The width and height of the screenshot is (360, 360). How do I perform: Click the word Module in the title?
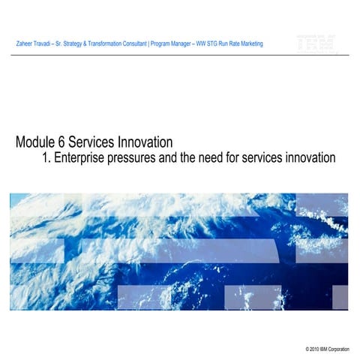pyautogui.click(x=37, y=142)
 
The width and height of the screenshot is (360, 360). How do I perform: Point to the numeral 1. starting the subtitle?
pyautogui.click(x=50, y=158)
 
